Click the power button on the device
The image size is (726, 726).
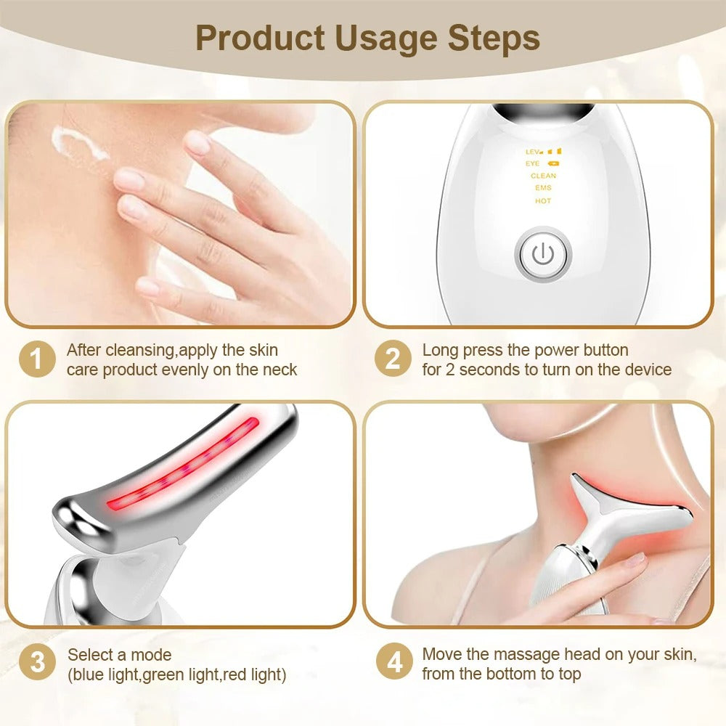pos(543,255)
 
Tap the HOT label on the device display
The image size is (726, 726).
pos(543,201)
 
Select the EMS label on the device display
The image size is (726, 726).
pos(543,188)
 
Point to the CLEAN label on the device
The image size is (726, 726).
pos(543,176)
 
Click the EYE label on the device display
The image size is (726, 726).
pos(533,164)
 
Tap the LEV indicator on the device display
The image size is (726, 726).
pos(534,152)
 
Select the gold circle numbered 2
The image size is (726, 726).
pos(393,360)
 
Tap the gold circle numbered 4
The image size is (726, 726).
pos(393,664)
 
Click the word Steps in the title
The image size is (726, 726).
pos(494,38)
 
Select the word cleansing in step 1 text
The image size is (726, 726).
pos(138,351)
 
